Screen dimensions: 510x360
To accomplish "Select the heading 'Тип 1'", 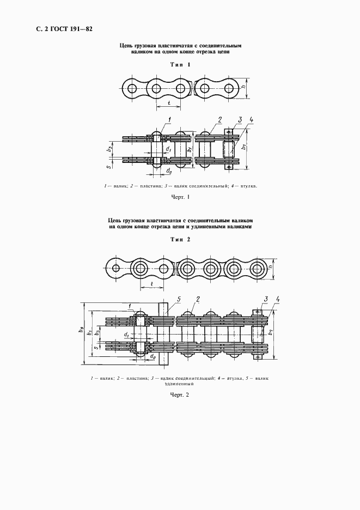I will point(180,65).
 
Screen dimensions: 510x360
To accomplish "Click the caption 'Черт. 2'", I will point(180,394).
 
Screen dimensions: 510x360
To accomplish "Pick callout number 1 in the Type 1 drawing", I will point(170,119).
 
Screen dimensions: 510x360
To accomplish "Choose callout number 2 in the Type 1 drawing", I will point(219,119).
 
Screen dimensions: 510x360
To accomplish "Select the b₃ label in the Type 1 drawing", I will point(110,148).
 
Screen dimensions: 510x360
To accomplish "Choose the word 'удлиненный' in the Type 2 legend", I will point(180,383).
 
